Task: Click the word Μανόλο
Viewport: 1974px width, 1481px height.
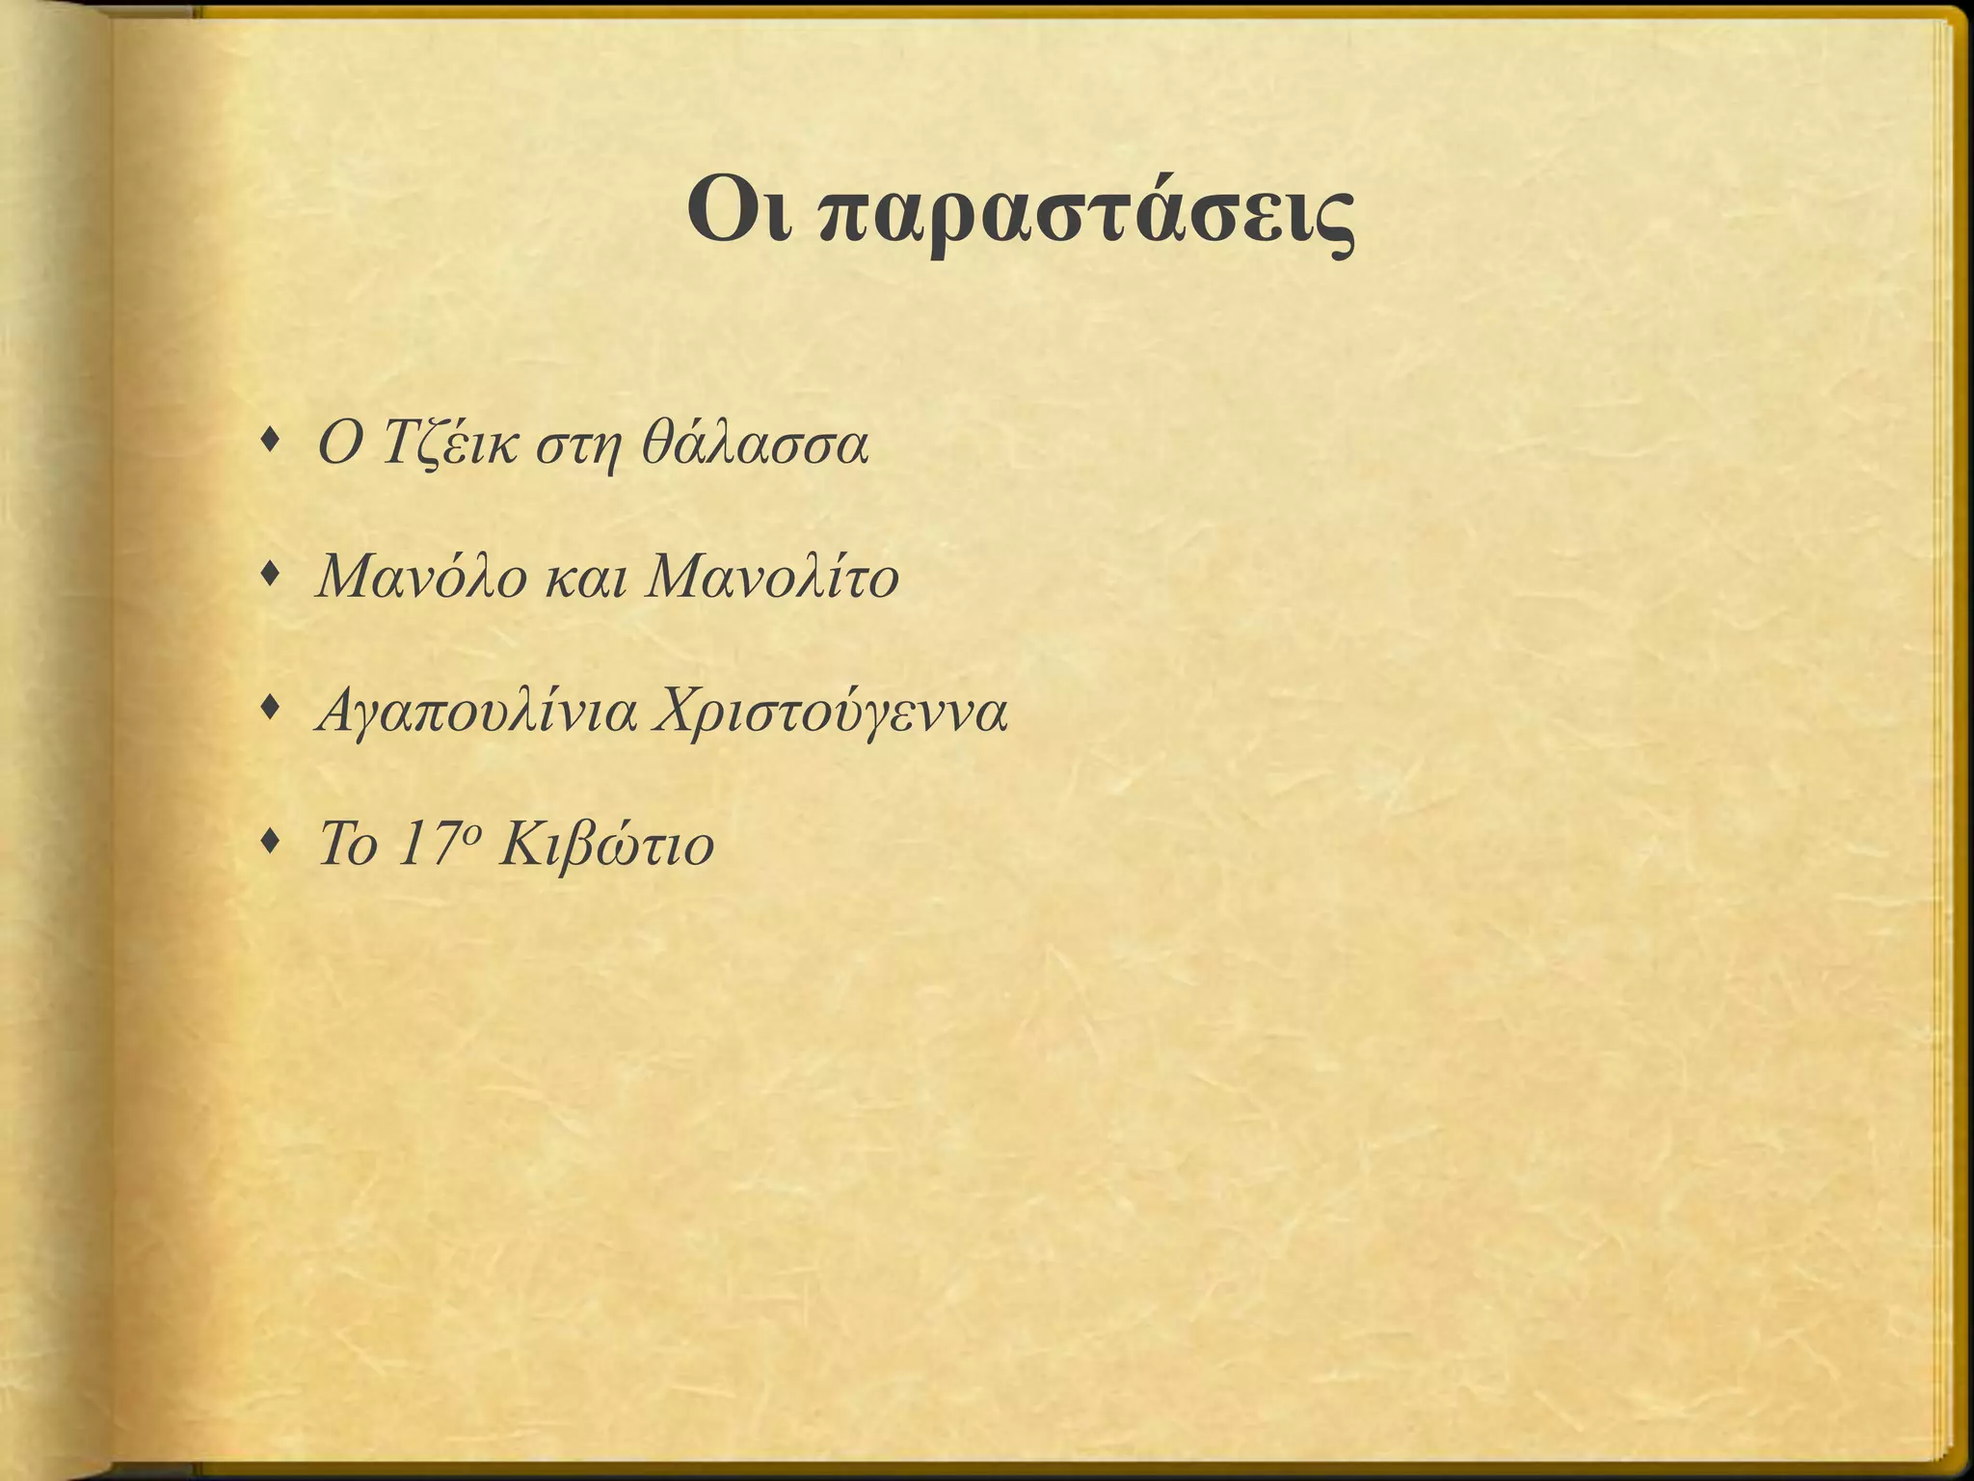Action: tap(421, 579)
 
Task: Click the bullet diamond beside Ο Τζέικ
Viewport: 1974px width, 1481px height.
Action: tap(272, 443)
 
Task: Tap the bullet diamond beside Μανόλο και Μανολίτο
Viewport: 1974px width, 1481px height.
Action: tap(272, 576)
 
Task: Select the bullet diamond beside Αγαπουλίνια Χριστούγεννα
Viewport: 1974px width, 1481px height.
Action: tap(272, 711)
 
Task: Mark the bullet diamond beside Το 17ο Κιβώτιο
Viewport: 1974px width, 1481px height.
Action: tap(272, 844)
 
